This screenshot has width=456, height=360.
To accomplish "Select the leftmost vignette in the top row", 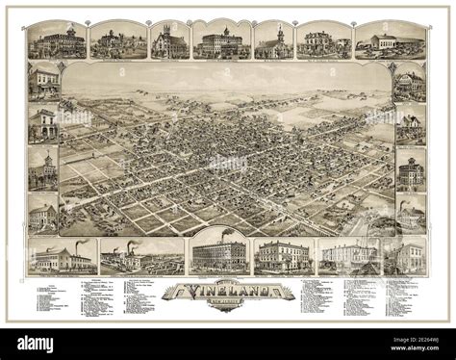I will click(x=58, y=39).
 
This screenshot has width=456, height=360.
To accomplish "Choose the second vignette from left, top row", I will click(x=118, y=40).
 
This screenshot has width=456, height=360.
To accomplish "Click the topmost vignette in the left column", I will click(x=43, y=81).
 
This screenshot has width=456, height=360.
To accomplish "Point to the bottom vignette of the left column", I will click(x=43, y=213).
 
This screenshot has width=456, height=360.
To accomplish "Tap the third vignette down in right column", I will click(x=411, y=170).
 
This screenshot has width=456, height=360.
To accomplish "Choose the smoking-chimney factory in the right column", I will click(x=411, y=213).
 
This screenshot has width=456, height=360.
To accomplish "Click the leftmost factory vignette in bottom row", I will click(x=62, y=255).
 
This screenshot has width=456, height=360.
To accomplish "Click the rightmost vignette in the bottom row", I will click(x=404, y=255).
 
